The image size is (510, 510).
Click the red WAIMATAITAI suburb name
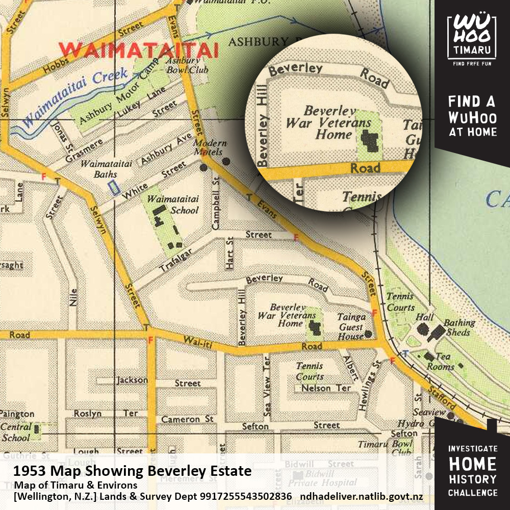point(139,50)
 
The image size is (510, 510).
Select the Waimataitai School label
point(178,204)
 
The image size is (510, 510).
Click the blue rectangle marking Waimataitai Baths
point(115,188)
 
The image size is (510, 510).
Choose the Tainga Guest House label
point(351,326)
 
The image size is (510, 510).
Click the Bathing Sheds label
point(458,327)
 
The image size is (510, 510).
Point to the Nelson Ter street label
point(323,388)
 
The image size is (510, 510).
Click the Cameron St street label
point(187,419)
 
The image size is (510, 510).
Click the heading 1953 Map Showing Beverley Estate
point(133,471)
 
